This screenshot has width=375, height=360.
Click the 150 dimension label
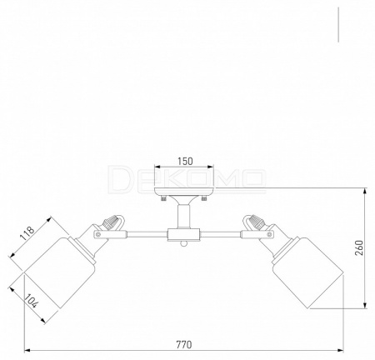click(x=185, y=161)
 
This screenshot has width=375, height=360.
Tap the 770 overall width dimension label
click(x=184, y=345)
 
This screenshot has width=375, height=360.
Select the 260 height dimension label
click(x=359, y=248)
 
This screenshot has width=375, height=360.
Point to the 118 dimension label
click(x=27, y=233)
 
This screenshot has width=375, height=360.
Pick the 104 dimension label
click(x=31, y=301)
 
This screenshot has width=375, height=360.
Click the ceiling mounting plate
click(x=184, y=192)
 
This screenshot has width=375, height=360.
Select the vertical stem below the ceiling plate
click(x=184, y=216)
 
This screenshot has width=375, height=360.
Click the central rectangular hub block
click(x=183, y=235)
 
